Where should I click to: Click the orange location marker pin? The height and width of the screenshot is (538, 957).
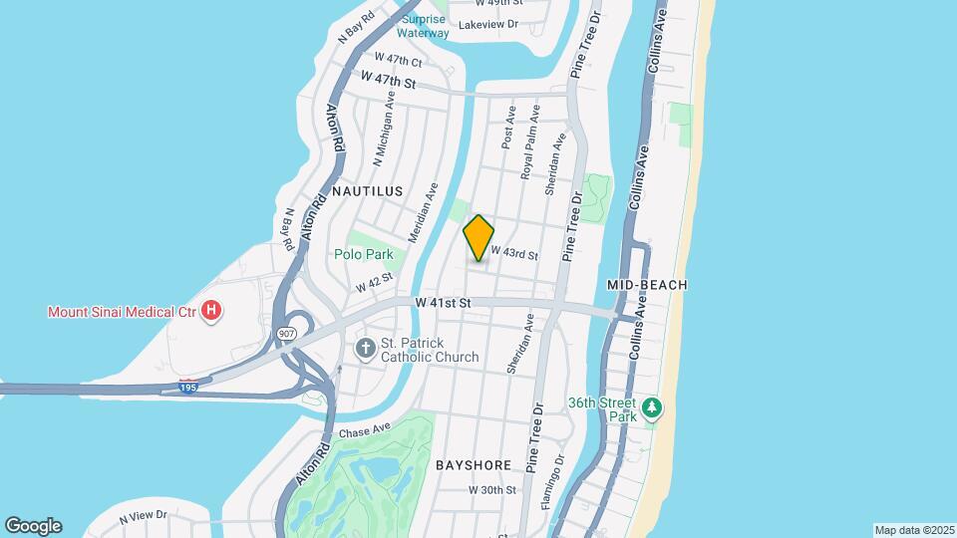(x=478, y=238)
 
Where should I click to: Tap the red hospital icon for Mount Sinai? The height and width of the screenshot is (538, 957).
(x=210, y=312)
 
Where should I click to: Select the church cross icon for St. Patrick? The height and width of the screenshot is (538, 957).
(x=366, y=349)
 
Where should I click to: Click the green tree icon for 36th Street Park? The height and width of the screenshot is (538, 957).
(x=652, y=406)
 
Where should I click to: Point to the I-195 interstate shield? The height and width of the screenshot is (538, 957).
(x=187, y=387)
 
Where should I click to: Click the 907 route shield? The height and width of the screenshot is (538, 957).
(x=288, y=334)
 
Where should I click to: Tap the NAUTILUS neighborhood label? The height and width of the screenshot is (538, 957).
(x=367, y=190)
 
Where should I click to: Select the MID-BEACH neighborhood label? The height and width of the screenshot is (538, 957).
(x=647, y=285)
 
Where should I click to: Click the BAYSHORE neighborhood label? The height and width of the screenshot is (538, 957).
(x=474, y=465)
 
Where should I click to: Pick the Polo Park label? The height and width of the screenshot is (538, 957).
(x=363, y=254)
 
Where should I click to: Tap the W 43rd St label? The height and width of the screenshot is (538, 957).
(x=513, y=255)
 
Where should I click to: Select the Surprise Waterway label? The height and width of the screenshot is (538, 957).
(x=425, y=25)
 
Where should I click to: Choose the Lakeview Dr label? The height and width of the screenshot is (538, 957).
(x=485, y=24)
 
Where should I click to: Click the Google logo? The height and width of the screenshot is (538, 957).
(x=33, y=526)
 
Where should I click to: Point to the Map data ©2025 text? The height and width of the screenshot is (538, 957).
(x=913, y=529)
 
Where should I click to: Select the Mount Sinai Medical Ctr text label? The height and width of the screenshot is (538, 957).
(x=122, y=312)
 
